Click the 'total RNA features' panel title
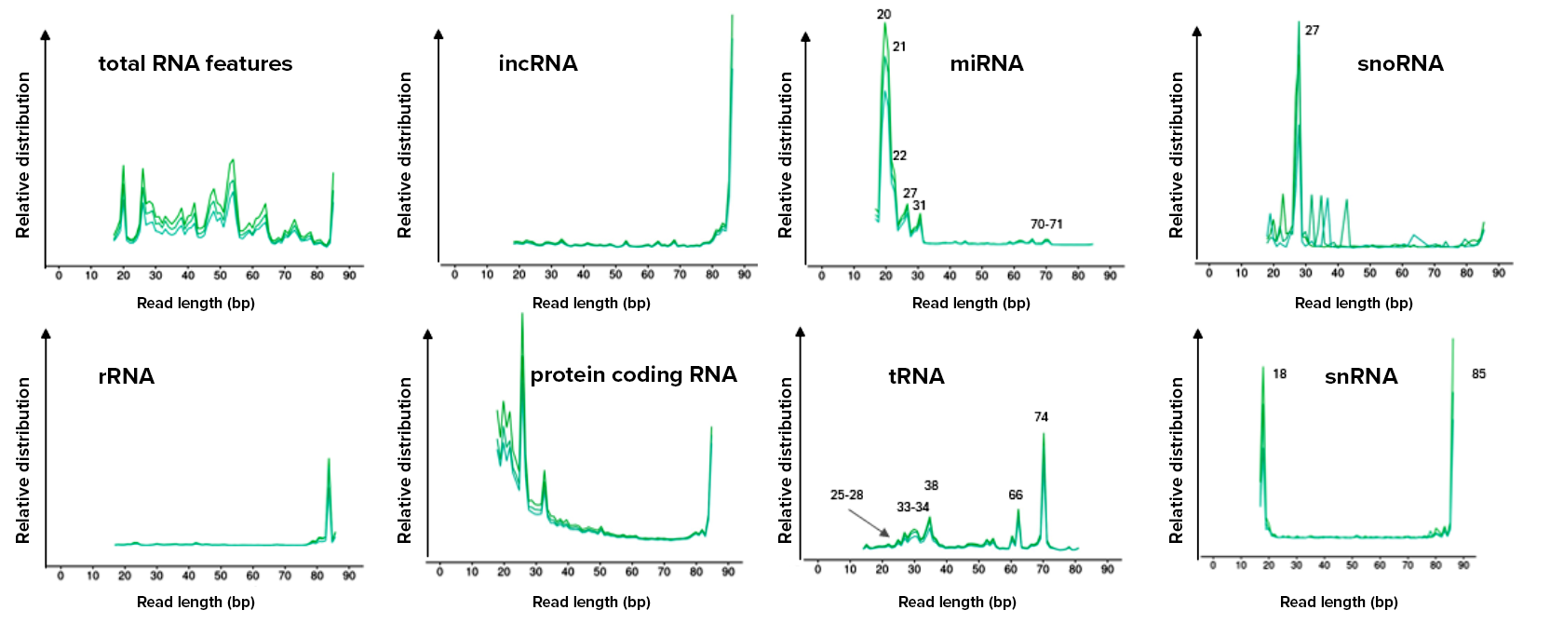pos(195,63)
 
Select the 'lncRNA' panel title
pos(538,63)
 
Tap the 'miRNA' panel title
pos(987,63)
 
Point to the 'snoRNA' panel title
pos(1400,63)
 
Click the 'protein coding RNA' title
pos(633,374)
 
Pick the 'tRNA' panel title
pos(916,376)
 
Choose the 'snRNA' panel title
pos(1361,376)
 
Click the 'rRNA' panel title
pos(127,376)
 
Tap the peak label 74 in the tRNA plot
pos(1041,417)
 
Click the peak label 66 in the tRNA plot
pos(1016,495)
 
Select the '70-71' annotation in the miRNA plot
pos(1046,224)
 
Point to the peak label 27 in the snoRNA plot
pos(1312,31)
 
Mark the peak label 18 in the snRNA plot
pos(1280,374)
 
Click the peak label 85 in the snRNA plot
pos(1478,374)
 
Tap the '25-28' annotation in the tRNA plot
pos(846,495)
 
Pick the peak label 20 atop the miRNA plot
pos(883,15)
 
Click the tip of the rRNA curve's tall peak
pos(329,458)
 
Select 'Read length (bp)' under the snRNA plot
pos(1339,602)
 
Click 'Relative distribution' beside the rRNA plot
pos(23,460)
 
